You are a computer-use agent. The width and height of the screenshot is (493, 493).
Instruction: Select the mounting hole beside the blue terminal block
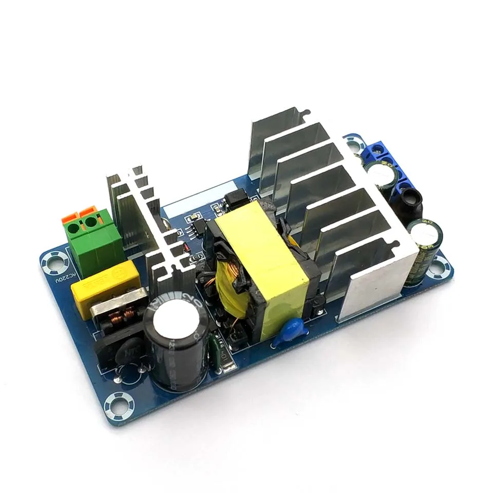click(x=354, y=144)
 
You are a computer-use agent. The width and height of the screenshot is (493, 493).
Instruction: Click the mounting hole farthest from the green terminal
click(x=439, y=267)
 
